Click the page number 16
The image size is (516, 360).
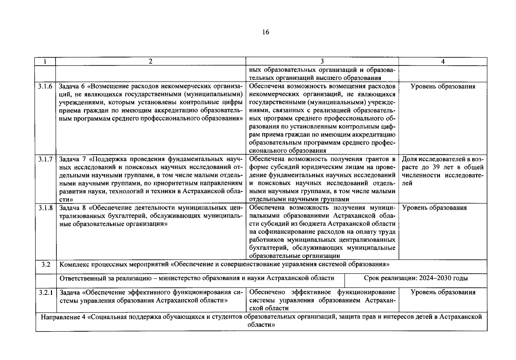pos(265,32)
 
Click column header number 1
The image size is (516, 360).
pos(45,61)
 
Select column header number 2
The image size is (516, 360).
pos(151,61)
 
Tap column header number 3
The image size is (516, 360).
pos(322,61)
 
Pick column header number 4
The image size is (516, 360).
pos(443,61)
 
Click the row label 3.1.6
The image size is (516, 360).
pos(45,86)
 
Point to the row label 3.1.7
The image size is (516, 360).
pos(45,159)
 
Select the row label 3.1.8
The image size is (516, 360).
pos(45,208)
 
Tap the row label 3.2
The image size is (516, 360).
pos(46,265)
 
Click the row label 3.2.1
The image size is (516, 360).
pos(46,292)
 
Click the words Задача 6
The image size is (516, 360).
pos(72,86)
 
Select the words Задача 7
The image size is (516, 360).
pos(72,159)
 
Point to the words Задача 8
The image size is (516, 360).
pos(72,208)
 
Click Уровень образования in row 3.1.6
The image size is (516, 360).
pos(443,86)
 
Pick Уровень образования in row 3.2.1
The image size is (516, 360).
pos(443,292)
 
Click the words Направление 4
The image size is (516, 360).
pos(63,317)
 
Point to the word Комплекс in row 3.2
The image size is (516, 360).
pos(74,265)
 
